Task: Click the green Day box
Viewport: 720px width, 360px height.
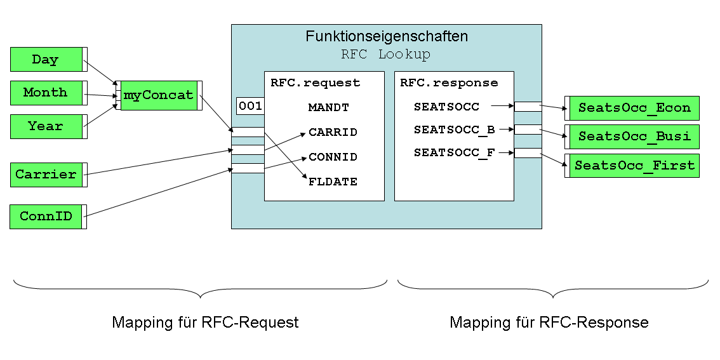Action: (x=46, y=60)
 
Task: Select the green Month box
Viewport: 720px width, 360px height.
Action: (x=46, y=93)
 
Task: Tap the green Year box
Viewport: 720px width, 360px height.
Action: (x=46, y=126)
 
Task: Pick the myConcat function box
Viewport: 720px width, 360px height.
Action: (x=159, y=96)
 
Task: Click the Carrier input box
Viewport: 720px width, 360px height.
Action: (x=46, y=175)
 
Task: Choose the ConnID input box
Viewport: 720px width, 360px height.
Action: (x=46, y=217)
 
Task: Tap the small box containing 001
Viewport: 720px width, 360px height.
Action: (x=250, y=106)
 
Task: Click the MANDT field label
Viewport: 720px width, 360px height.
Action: (x=328, y=108)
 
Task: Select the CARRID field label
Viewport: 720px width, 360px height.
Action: (x=333, y=133)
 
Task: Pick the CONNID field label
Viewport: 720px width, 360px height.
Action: (x=333, y=157)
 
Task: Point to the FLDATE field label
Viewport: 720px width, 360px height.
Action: (x=333, y=182)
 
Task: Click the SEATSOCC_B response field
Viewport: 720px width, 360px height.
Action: (x=454, y=130)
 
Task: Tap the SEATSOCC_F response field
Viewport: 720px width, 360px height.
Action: (x=454, y=153)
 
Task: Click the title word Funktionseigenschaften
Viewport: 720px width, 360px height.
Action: (x=387, y=37)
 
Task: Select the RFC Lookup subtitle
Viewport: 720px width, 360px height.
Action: (x=385, y=55)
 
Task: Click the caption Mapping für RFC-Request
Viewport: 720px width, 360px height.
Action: (x=205, y=323)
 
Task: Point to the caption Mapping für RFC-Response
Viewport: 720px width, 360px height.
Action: (x=549, y=323)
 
